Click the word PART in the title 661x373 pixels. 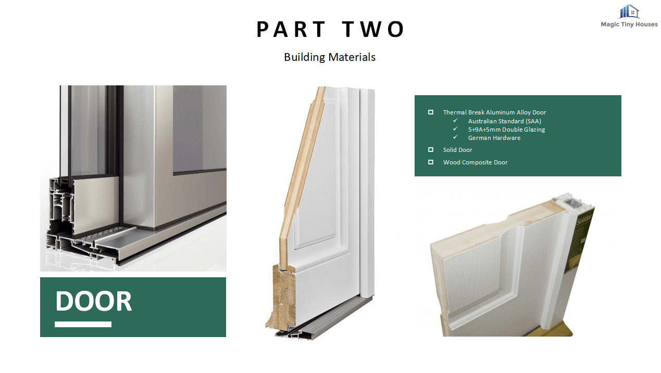point(291,29)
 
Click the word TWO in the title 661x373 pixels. point(373,29)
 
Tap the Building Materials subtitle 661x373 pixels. point(330,57)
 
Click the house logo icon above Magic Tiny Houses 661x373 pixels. point(629,11)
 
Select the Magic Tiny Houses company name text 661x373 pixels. point(629,24)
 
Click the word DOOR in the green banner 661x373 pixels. point(93,301)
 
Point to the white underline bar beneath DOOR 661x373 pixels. point(83,325)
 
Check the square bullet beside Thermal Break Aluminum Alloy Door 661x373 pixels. point(431,112)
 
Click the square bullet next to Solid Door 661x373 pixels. point(431,150)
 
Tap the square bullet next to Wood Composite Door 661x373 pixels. point(431,162)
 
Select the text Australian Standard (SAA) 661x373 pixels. point(505,121)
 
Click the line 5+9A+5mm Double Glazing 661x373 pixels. point(506,130)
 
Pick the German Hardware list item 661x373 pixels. point(494,138)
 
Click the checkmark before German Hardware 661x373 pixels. point(455,137)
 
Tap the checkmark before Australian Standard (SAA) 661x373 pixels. point(455,120)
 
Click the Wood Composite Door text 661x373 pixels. point(476,162)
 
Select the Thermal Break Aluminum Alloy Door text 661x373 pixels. point(494,112)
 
